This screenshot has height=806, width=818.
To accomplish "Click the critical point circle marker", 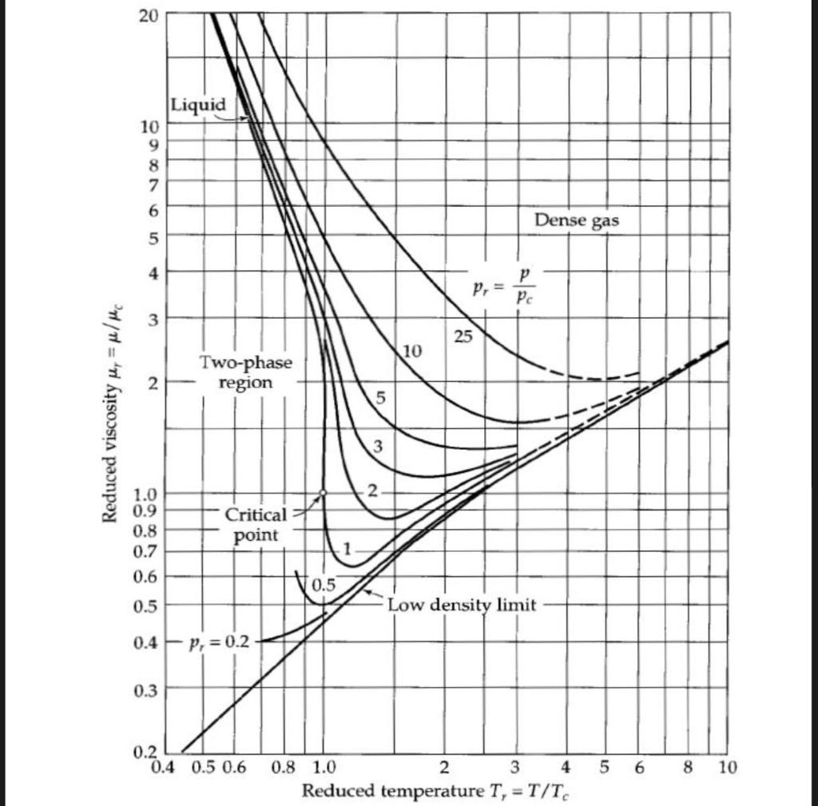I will coord(323,493).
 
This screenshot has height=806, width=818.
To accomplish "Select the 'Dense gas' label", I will coord(576,220).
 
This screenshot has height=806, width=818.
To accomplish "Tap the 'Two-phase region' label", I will coord(246,372).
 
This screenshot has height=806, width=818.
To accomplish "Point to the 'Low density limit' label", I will coord(462,605).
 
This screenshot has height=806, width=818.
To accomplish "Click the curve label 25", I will coord(463,338).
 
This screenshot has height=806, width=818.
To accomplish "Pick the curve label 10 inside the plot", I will coord(412,351).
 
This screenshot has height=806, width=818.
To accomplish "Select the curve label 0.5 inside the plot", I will coord(323,586).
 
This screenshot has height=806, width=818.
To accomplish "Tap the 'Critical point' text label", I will coord(254,524).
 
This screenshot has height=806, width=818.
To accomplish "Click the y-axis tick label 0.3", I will coord(148,690).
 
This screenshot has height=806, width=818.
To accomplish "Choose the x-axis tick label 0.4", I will coord(162,768).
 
